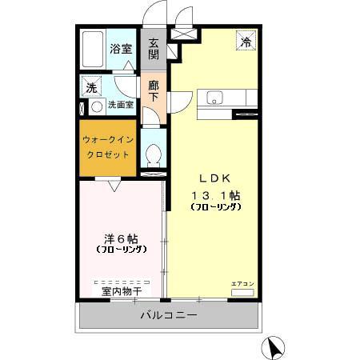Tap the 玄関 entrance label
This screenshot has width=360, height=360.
click(153, 49)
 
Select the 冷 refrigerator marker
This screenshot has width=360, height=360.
click(246, 43)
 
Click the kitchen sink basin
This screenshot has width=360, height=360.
click(214, 98)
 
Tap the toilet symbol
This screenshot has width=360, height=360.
click(153, 154)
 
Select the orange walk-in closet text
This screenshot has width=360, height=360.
click(108, 146)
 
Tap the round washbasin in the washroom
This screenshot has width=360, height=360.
click(96, 105)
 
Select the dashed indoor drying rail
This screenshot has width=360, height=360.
click(122, 282)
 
